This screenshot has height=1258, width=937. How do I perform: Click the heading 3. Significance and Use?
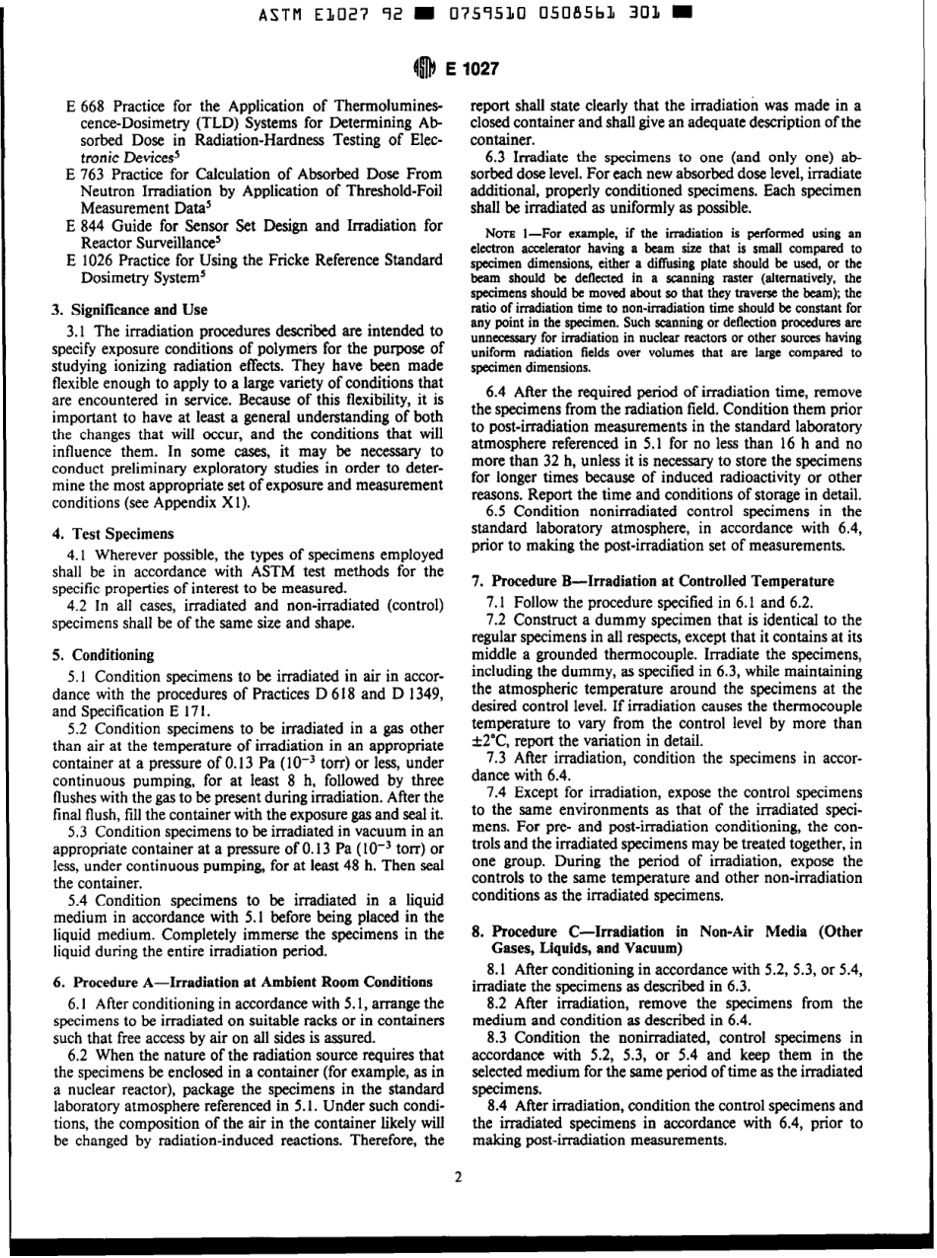129,311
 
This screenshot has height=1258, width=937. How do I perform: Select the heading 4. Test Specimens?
107,532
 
